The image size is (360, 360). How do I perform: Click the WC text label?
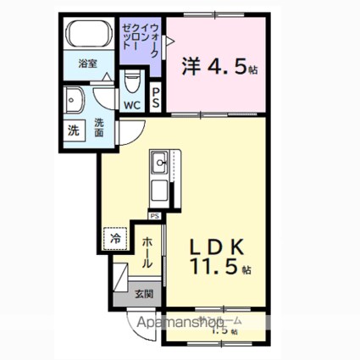pos(133,106)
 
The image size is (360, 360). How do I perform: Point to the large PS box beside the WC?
pos(157,97)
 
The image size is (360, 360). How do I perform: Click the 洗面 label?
pos(99,127)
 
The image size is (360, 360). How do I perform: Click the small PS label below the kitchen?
pos(155,216)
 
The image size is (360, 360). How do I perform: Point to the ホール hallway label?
pos(147,252)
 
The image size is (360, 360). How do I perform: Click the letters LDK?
pos(216,246)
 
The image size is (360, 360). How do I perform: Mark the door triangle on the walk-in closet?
pos(169,39)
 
